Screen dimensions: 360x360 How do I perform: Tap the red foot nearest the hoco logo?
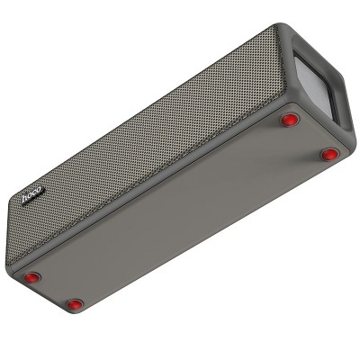point(32,275)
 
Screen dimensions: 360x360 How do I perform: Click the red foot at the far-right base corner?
point(329,154)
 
